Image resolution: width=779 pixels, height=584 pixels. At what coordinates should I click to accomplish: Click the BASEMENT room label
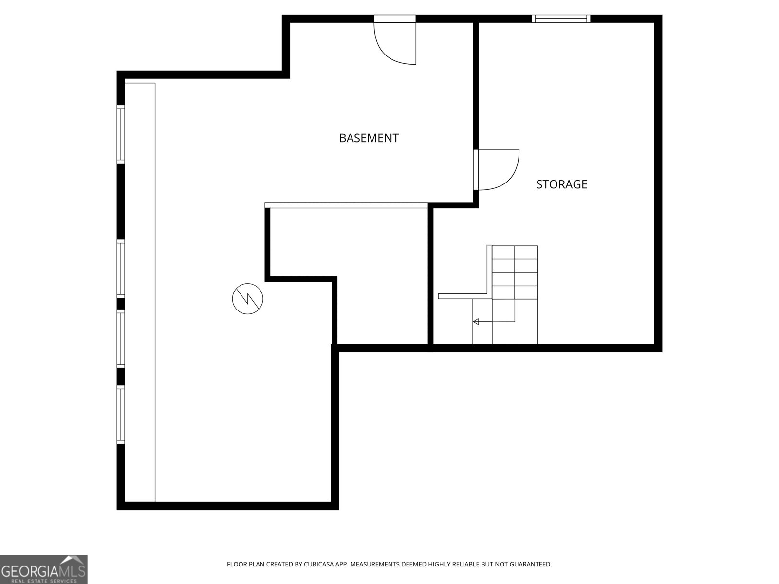(369, 138)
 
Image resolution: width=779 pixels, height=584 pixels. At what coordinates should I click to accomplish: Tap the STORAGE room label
(561, 184)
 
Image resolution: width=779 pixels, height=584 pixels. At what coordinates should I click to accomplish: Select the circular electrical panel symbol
(247, 298)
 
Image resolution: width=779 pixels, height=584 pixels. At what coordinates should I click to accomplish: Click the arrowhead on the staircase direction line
(476, 322)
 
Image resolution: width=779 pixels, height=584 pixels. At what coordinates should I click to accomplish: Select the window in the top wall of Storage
(561, 18)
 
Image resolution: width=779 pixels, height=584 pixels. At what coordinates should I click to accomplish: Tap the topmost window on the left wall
(121, 134)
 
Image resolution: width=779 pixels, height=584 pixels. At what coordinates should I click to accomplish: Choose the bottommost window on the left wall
(121, 415)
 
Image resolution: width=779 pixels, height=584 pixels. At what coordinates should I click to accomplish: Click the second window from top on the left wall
(121, 269)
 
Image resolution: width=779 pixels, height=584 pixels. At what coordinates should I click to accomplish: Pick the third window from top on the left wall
(121, 339)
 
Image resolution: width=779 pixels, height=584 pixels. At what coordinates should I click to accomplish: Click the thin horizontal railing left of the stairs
(463, 296)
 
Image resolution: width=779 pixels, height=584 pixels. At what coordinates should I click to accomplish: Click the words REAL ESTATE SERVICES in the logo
(44, 581)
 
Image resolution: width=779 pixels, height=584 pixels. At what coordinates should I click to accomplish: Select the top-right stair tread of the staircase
(526, 253)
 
